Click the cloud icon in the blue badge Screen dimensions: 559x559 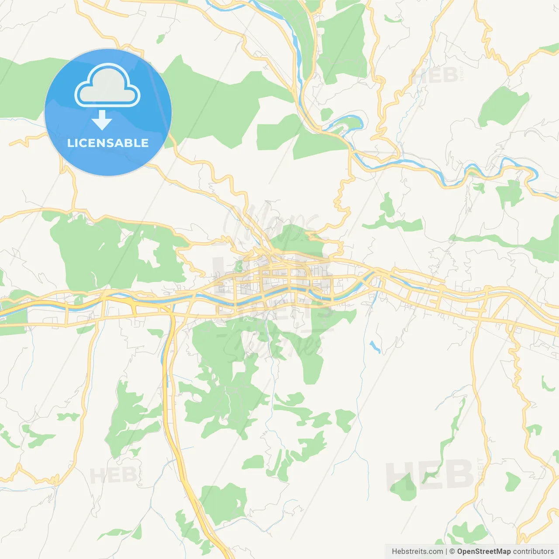click(107, 86)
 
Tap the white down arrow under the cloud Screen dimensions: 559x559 click(102, 120)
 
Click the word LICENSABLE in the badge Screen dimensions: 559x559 click(108, 143)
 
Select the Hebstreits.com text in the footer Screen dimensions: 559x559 click(417, 552)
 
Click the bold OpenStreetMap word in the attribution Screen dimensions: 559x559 click(483, 552)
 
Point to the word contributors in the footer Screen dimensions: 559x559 click(533, 552)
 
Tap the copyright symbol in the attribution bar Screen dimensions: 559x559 click(452, 552)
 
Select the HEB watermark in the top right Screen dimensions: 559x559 click(435, 76)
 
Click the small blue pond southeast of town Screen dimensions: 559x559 click(375, 347)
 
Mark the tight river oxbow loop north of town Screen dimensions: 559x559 click(349, 123)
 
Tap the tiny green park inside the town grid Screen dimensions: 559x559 click(238, 266)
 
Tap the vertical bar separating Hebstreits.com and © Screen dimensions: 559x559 click(446, 552)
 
